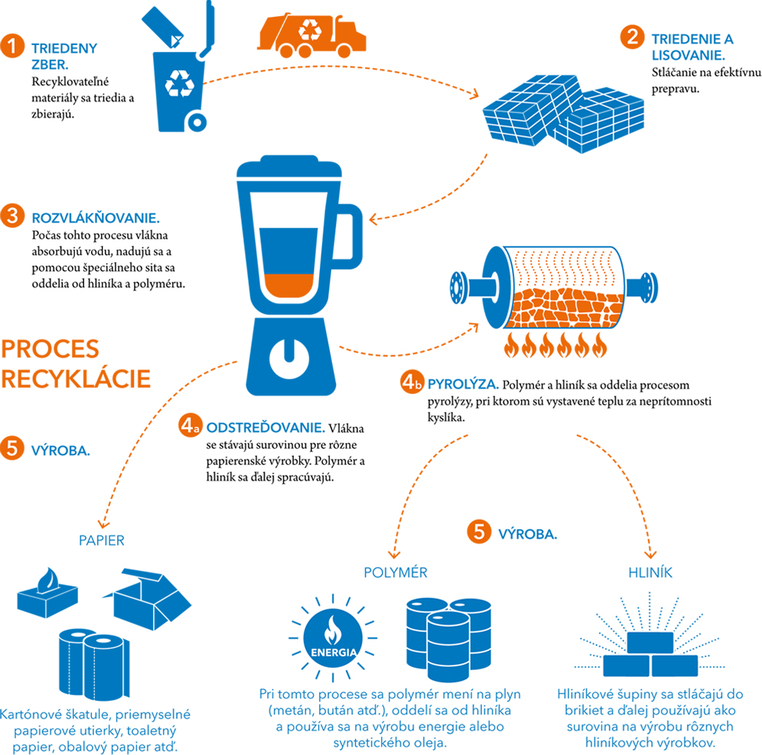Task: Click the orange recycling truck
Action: click(x=312, y=34)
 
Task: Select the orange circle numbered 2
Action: click(x=632, y=36)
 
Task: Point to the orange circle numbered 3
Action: click(x=13, y=215)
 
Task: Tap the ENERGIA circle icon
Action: click(x=332, y=640)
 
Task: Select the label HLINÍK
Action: click(x=650, y=571)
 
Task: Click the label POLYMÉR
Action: click(x=395, y=571)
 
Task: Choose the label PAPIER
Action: click(x=102, y=541)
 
